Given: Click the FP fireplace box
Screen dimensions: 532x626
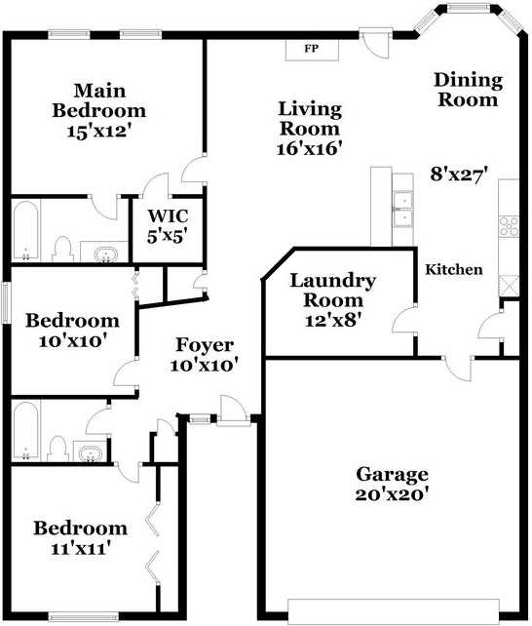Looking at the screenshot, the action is pyautogui.click(x=312, y=50).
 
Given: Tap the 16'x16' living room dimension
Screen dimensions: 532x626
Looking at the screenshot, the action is pyautogui.click(x=310, y=149).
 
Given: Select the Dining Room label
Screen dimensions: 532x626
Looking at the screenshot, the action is pyautogui.click(x=469, y=90).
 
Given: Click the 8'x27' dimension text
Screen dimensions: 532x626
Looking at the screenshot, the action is pyautogui.click(x=460, y=175).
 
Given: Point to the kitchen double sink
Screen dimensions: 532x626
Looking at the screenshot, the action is pyautogui.click(x=402, y=210).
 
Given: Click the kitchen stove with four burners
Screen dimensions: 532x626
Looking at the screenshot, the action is pyautogui.click(x=510, y=226).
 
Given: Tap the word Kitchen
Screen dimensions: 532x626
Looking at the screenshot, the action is pyautogui.click(x=454, y=269).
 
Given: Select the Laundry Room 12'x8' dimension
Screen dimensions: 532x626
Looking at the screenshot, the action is pyautogui.click(x=333, y=320).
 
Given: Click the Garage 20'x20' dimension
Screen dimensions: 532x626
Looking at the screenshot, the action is pyautogui.click(x=392, y=494).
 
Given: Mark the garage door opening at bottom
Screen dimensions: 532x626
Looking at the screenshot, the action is pyautogui.click(x=394, y=610).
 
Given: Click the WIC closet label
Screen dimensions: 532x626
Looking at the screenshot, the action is pyautogui.click(x=168, y=216).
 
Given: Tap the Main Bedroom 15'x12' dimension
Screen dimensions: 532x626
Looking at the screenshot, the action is pyautogui.click(x=99, y=131).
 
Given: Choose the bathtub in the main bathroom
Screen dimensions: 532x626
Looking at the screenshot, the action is pyautogui.click(x=26, y=230).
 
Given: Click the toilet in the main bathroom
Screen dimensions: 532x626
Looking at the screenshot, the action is pyautogui.click(x=62, y=249).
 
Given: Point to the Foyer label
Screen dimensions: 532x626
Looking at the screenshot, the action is pyautogui.click(x=205, y=345).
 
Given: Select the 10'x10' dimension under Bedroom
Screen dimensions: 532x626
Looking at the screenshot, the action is pyautogui.click(x=73, y=341).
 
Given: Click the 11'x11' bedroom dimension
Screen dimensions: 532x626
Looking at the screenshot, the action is pyautogui.click(x=81, y=548).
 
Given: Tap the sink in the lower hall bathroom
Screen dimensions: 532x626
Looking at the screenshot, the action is pyautogui.click(x=91, y=451).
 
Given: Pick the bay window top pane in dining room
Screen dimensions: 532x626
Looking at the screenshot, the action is pyautogui.click(x=468, y=7).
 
